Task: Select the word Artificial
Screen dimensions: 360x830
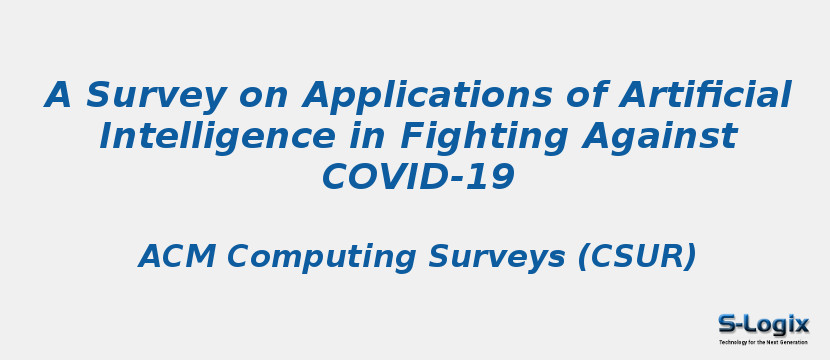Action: (705, 96)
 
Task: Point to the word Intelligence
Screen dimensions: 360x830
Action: (216, 137)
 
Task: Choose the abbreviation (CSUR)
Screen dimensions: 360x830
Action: (637, 257)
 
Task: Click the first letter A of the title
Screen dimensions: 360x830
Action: (60, 96)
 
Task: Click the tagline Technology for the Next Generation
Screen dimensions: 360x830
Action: (763, 342)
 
